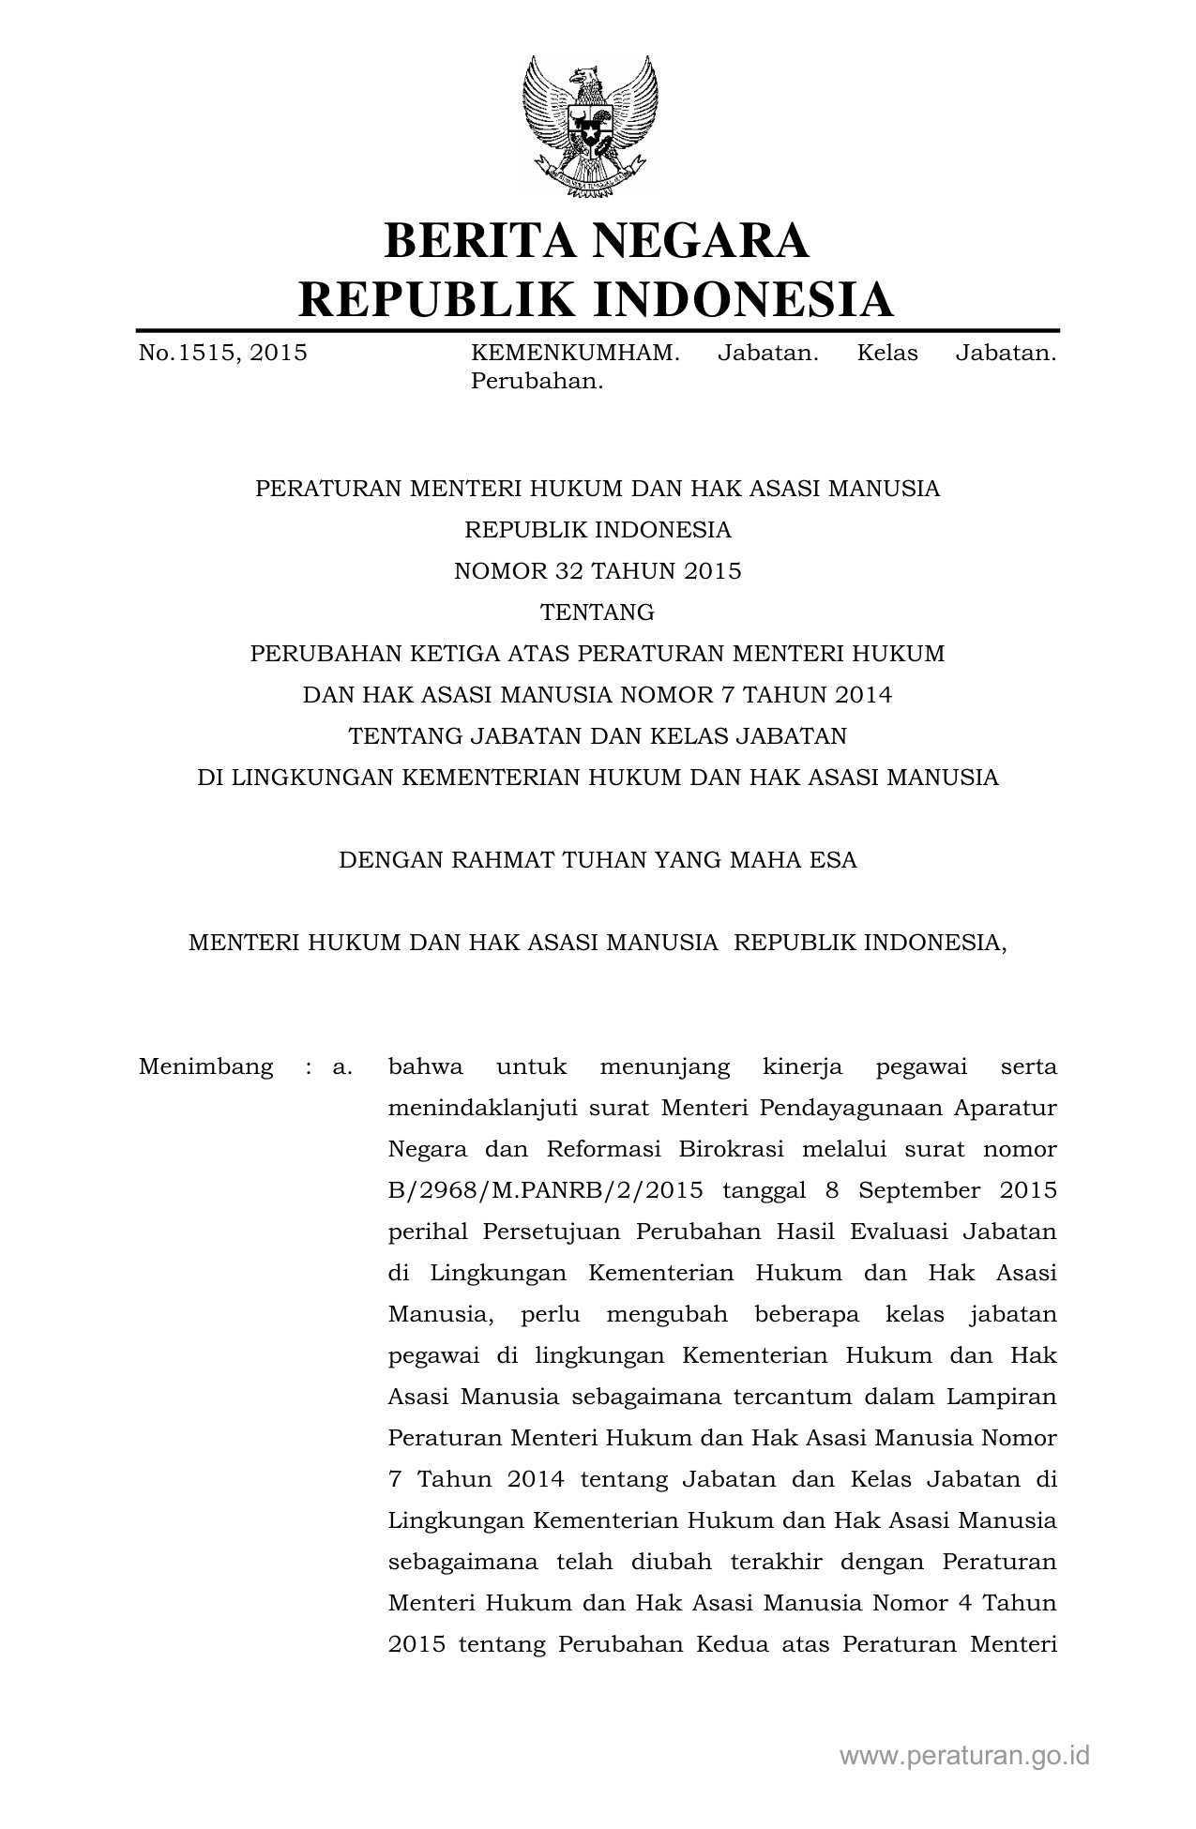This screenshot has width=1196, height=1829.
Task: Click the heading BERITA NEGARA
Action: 597,241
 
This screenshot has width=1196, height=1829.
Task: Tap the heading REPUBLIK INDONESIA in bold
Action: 597,300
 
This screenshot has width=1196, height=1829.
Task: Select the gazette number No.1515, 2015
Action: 223,354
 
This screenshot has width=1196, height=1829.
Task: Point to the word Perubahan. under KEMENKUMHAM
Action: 536,382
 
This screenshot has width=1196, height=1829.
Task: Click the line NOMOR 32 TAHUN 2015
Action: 598,571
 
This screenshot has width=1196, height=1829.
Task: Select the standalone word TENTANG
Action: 598,612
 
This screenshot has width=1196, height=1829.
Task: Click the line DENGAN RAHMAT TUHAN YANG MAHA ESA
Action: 598,860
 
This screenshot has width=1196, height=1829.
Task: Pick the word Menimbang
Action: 206,1066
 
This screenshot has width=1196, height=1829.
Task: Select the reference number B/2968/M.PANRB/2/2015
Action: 546,1190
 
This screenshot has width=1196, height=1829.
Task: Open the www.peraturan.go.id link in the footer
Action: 964,1756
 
